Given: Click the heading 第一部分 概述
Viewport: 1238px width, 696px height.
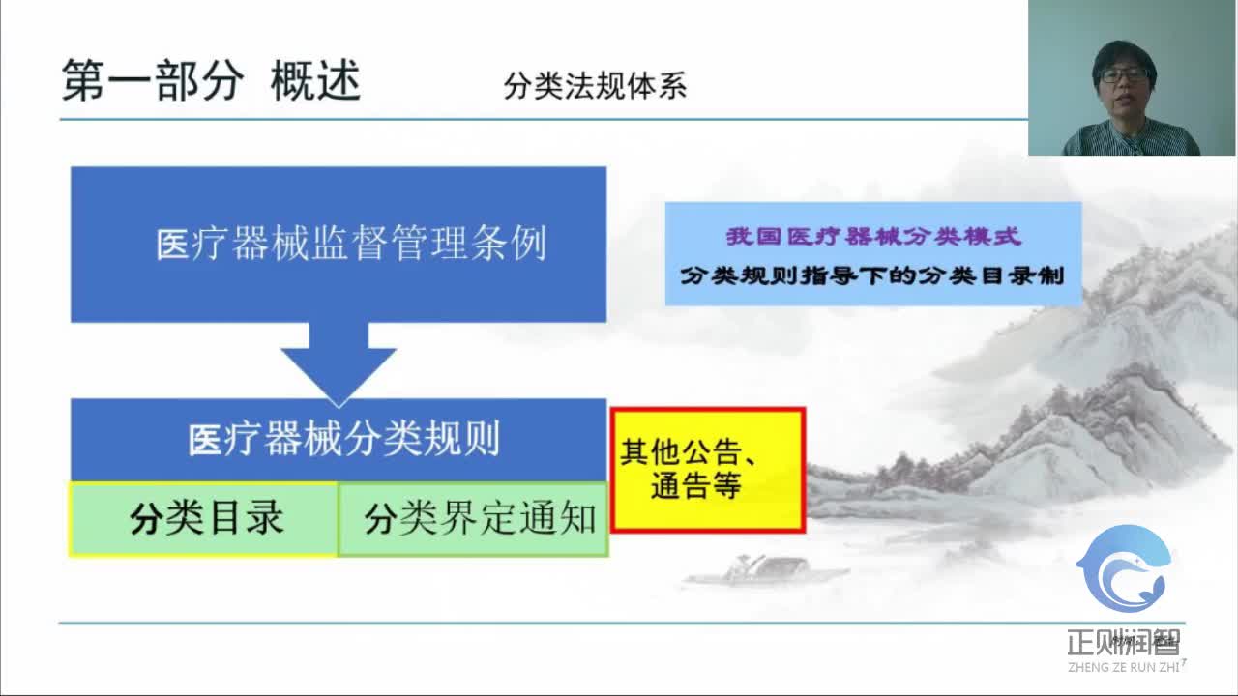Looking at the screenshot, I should (211, 81).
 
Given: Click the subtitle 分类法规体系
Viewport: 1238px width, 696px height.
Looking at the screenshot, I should (595, 86).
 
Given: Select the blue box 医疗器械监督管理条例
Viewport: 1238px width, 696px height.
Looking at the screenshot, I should (339, 244).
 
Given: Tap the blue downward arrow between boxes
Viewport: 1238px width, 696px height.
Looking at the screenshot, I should (339, 362).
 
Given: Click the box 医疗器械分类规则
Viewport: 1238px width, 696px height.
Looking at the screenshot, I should (339, 439).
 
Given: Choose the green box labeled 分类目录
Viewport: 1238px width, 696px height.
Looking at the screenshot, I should (204, 519).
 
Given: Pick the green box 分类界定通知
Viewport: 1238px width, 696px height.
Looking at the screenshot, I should (473, 519).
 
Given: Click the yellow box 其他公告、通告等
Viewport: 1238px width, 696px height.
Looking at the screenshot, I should (708, 470).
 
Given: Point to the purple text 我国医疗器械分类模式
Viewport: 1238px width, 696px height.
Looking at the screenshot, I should (873, 237).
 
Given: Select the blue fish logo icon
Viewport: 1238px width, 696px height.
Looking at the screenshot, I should (1124, 570).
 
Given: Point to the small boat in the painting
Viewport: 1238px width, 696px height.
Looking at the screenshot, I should (764, 570).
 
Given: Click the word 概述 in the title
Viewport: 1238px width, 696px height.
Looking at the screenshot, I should (315, 81).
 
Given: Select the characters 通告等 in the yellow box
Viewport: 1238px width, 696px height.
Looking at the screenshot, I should (695, 486).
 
